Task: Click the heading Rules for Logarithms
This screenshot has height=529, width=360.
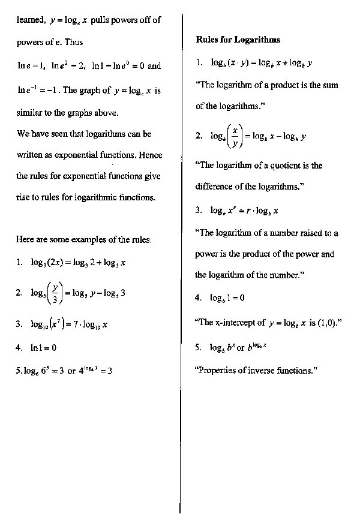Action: point(238,40)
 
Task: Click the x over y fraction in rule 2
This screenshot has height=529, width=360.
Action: point(236,136)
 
